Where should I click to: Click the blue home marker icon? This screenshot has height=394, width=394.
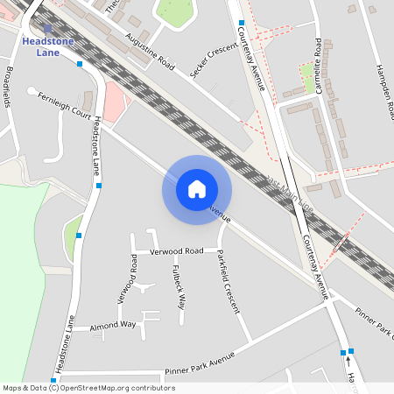click(x=197, y=188)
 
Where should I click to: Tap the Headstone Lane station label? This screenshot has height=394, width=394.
click(x=48, y=46)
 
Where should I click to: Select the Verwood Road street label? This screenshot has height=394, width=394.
click(x=176, y=251)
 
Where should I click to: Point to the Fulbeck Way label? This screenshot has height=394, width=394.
click(x=179, y=287)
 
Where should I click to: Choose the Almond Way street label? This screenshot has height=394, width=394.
click(x=113, y=326)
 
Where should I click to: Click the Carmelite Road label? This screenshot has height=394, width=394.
click(x=318, y=66)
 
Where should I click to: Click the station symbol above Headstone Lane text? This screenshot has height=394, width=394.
click(x=47, y=29)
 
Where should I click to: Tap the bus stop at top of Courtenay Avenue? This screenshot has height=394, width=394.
click(x=241, y=23)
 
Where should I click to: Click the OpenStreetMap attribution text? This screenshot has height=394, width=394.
click(x=88, y=387)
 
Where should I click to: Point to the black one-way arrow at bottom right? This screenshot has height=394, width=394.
click(x=348, y=359)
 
